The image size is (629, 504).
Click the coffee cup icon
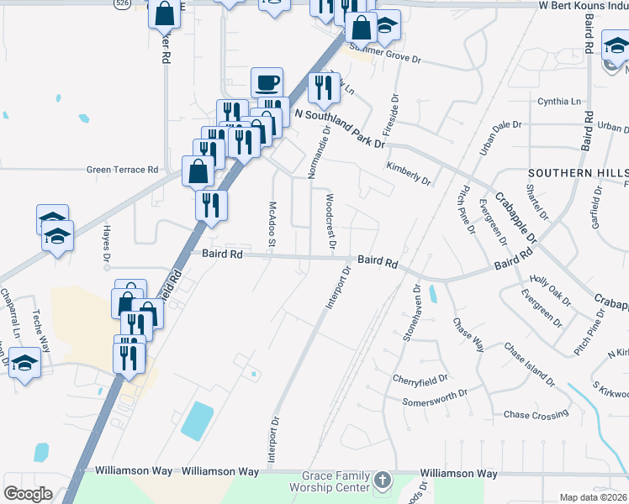point(267,82)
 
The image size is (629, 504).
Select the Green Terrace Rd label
point(122,170)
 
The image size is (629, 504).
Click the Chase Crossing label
point(536,414)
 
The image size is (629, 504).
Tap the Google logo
point(28,494)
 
